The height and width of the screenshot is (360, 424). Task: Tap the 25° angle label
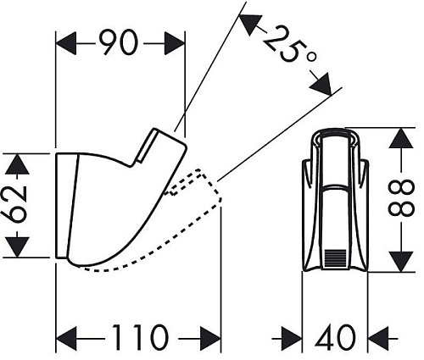(289, 47)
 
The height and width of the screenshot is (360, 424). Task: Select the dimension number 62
(17, 204)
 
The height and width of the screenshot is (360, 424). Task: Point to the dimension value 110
(142, 337)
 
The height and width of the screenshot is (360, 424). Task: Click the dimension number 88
(402, 199)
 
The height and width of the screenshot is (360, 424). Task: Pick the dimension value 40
(335, 337)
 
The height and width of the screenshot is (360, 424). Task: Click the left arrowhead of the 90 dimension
(67, 43)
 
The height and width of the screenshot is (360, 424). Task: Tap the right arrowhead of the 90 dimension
(174, 43)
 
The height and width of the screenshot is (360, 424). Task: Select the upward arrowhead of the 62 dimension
(18, 163)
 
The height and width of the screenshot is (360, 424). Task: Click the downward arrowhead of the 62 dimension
(18, 247)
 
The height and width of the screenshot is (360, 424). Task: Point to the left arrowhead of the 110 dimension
(67, 339)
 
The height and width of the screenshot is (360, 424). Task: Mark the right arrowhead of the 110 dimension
(210, 339)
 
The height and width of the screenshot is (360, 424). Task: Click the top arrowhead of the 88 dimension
(400, 138)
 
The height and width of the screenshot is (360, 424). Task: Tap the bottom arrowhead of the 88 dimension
(400, 262)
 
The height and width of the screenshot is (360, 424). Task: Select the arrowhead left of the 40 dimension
(292, 338)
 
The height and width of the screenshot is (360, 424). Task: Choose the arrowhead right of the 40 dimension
(378, 338)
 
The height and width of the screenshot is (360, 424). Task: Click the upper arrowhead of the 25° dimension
(249, 25)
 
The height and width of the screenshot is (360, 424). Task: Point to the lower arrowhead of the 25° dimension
(321, 84)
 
